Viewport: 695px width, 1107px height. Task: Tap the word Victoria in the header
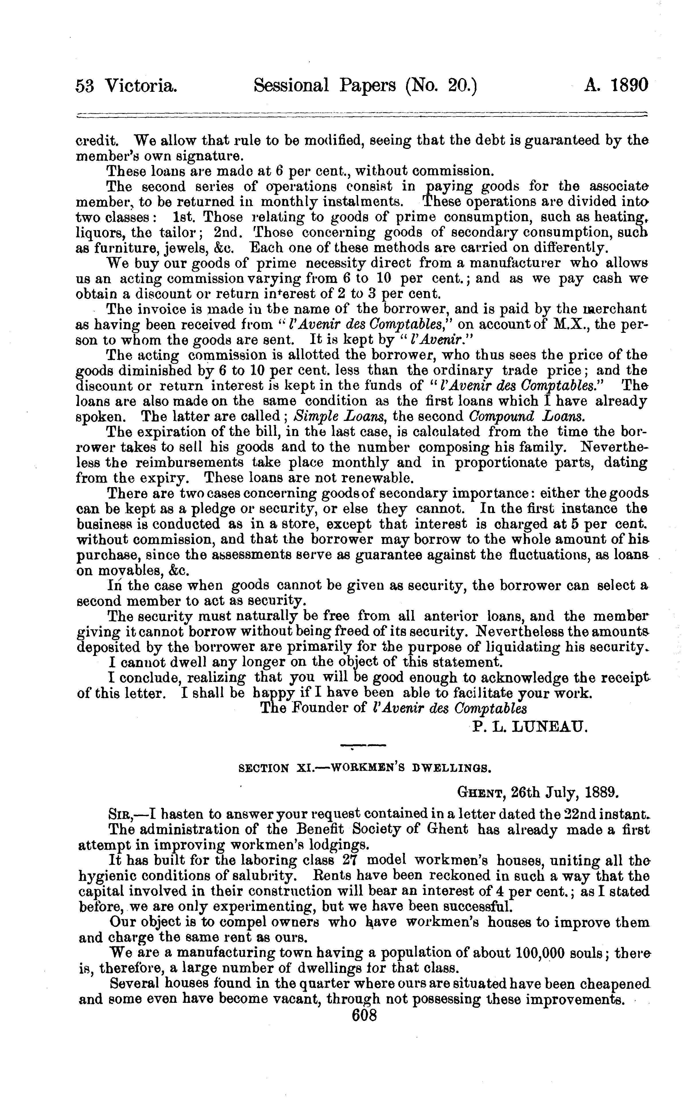[141, 86]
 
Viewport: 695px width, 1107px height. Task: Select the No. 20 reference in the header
[441, 86]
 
